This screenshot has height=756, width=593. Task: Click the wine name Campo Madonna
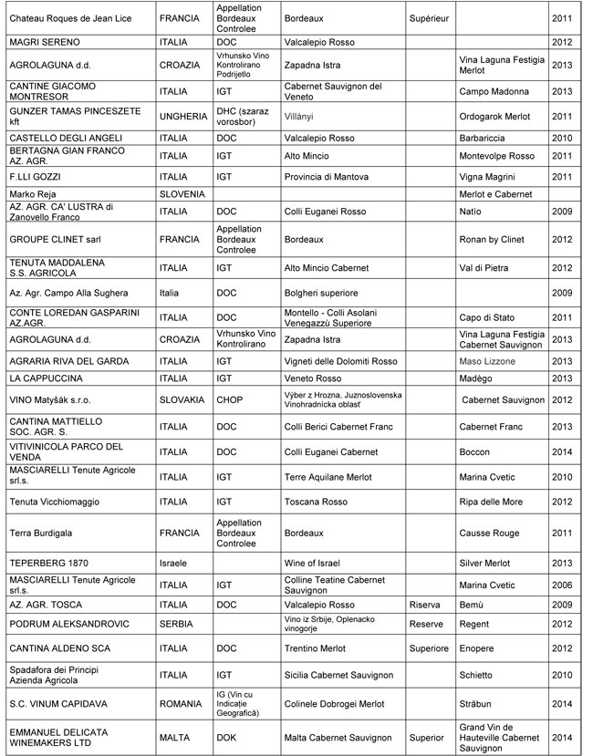coord(494,91)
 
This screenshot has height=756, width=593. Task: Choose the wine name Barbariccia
coord(484,138)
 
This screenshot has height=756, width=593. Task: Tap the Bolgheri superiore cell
coord(320,293)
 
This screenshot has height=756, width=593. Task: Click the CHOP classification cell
coord(228,399)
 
